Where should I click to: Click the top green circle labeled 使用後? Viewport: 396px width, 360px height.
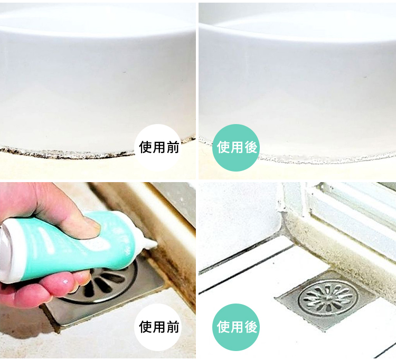tap(236, 148)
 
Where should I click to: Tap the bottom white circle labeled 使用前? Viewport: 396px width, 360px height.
tap(158, 327)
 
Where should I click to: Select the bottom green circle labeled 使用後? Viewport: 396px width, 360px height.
tap(236, 327)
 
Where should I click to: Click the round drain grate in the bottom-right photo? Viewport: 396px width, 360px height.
tap(328, 299)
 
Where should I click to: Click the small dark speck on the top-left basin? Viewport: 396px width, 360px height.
tap(125, 72)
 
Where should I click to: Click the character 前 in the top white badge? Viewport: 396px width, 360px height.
tap(173, 147)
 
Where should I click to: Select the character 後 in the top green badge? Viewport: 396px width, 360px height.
tap(250, 147)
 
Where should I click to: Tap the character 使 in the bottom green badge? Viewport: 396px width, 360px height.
tap(223, 327)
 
